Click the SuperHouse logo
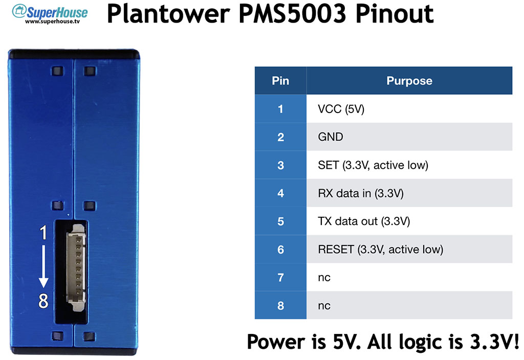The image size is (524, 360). pyautogui.click(x=50, y=14)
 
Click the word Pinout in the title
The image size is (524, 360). pyautogui.click(x=395, y=14)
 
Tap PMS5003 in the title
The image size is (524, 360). pyautogui.click(x=292, y=14)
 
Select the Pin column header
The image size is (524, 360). pyautogui.click(x=280, y=80)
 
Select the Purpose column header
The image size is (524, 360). pyautogui.click(x=409, y=80)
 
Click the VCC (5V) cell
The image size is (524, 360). pyautogui.click(x=409, y=109)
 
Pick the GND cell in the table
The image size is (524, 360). pyautogui.click(x=409, y=137)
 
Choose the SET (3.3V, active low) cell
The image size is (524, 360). pyautogui.click(x=409, y=165)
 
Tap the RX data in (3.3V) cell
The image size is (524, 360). pyautogui.click(x=409, y=193)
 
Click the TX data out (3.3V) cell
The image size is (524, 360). pyautogui.click(x=409, y=221)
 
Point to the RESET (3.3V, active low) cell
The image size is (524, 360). pyautogui.click(x=409, y=249)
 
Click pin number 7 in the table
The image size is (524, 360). pyautogui.click(x=280, y=277)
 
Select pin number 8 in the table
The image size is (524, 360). pyautogui.click(x=280, y=305)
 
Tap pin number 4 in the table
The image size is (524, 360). pyautogui.click(x=280, y=193)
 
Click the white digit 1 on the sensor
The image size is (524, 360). pyautogui.click(x=43, y=233)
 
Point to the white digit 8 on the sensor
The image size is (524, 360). pyautogui.click(x=43, y=301)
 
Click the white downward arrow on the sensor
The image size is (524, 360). pyautogui.click(x=43, y=266)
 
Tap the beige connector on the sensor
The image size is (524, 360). pyautogui.click(x=77, y=267)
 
